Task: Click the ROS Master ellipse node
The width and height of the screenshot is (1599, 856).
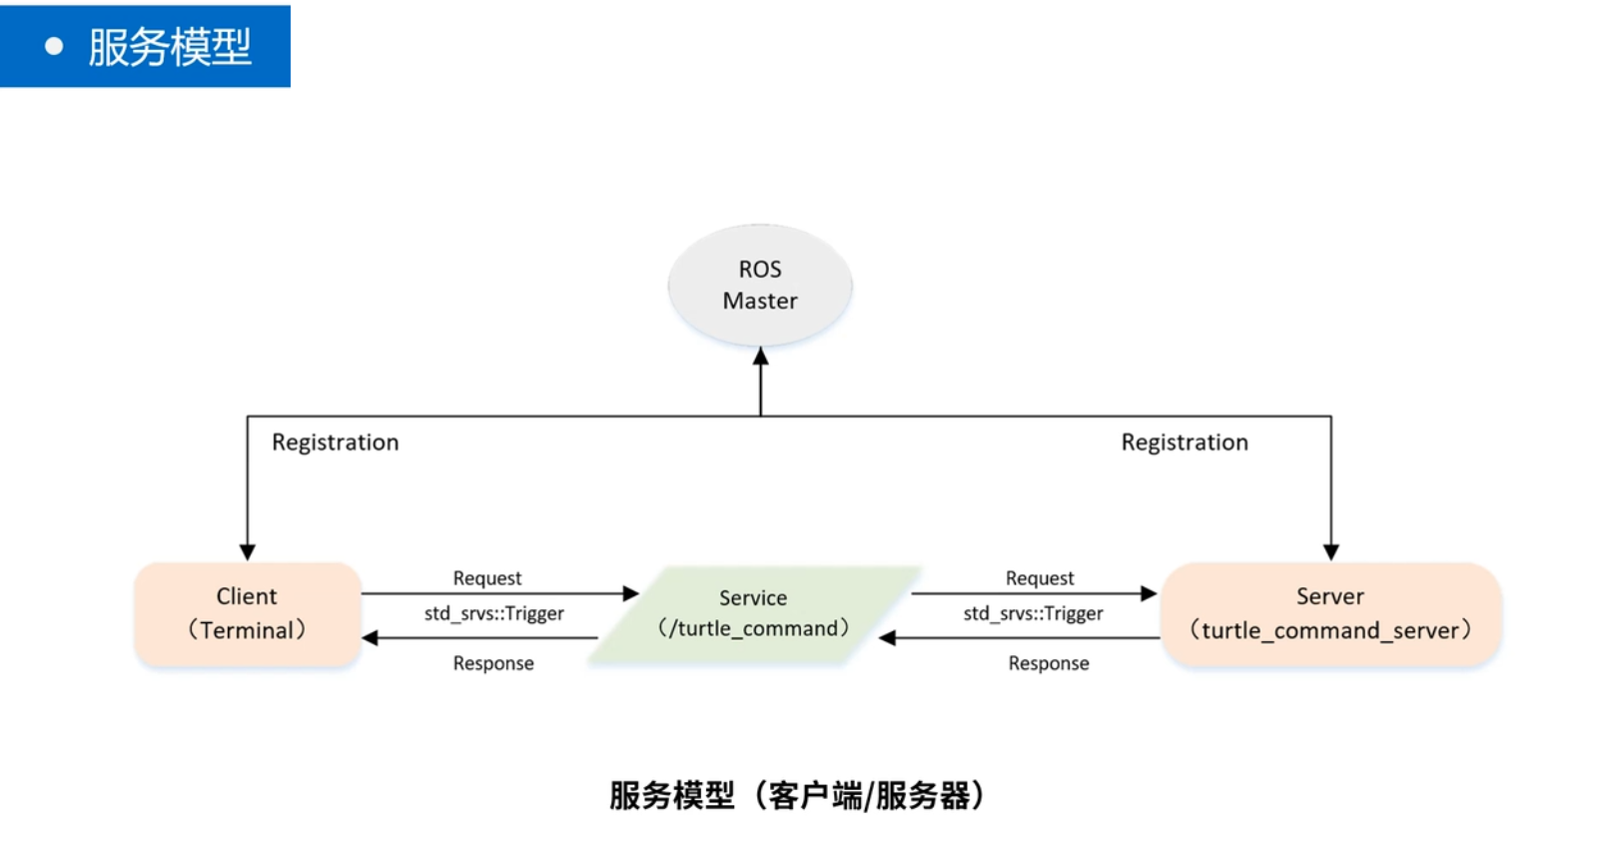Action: [760, 285]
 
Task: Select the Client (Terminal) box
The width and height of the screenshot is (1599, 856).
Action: [247, 613]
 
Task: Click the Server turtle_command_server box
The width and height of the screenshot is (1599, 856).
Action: [1330, 613]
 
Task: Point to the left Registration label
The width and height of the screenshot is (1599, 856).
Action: [336, 442]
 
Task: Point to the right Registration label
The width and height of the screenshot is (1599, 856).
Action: [1185, 442]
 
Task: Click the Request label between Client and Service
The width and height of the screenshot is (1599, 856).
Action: [487, 578]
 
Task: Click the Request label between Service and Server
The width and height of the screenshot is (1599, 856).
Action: [1040, 578]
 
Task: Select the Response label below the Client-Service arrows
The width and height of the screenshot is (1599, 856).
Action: [493, 663]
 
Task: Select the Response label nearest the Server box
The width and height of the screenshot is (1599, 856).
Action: [1049, 663]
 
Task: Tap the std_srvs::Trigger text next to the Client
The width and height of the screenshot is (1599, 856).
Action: [494, 613]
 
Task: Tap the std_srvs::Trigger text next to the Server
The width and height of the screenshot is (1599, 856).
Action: [1034, 613]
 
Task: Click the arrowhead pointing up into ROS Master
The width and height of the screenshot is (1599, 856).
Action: [761, 357]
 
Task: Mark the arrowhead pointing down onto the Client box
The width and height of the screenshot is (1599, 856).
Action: [248, 552]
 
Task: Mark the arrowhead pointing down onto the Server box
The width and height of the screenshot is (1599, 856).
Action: [1331, 552]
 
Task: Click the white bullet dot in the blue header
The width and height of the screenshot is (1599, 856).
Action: [54, 46]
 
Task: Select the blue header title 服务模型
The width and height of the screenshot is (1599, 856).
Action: [170, 47]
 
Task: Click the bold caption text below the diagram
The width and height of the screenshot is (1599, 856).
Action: [797, 796]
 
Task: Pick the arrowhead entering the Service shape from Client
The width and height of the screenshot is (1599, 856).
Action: [631, 593]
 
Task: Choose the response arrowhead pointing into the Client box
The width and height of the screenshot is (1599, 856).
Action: [370, 638]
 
